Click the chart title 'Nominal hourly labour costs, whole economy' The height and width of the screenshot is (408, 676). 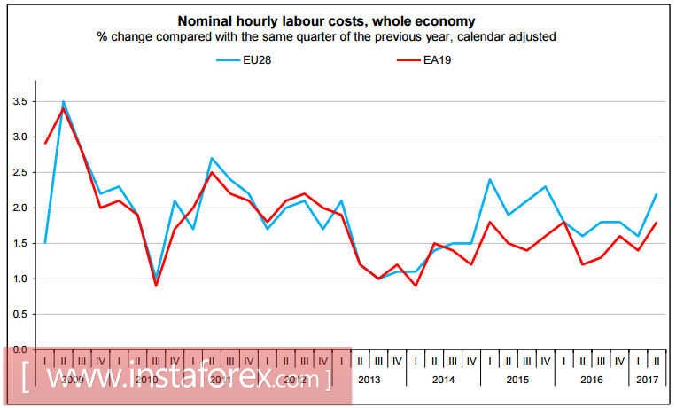coord(326,20)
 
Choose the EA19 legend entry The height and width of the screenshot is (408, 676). coord(439,59)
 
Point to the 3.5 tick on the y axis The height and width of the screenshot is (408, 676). coord(19,101)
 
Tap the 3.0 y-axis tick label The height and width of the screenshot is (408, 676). coord(19,137)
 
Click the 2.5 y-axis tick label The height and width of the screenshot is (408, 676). coord(19,172)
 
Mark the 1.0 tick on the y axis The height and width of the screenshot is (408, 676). coord(19,279)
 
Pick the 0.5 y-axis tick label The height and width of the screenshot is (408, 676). coord(19,314)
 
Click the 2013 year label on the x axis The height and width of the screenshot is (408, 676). coord(369,379)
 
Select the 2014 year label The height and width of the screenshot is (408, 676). coord(444,379)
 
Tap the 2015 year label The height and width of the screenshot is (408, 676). coord(517,379)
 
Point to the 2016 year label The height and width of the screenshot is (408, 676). coord(592,379)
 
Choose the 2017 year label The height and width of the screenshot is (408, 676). coord(647,379)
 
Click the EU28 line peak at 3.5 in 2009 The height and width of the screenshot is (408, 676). coord(63,101)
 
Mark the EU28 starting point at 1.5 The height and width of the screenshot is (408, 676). coord(44,243)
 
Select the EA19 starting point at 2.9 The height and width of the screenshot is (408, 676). coord(44,143)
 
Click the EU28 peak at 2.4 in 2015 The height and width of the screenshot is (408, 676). coord(490,179)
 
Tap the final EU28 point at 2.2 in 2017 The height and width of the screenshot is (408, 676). coord(657,193)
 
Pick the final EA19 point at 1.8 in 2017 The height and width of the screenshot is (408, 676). coord(657,222)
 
